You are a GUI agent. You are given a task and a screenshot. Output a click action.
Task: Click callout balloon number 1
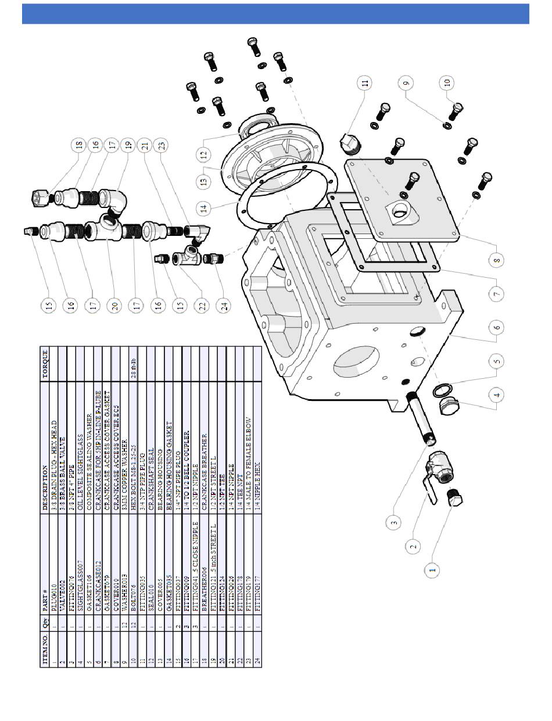432,570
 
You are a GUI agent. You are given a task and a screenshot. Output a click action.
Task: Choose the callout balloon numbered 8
496,261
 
